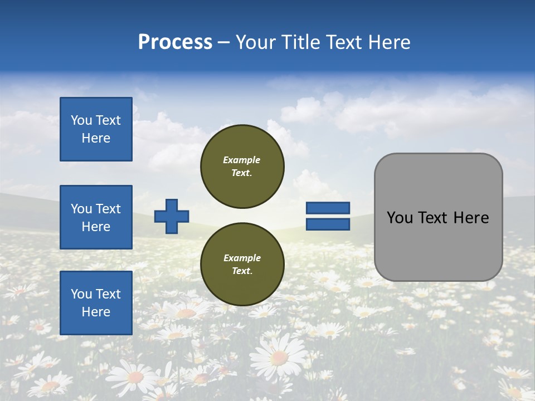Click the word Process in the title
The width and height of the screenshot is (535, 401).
[x=175, y=42]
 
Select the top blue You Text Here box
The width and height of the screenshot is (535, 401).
[x=96, y=129]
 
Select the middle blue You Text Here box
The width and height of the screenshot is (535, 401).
[x=96, y=217]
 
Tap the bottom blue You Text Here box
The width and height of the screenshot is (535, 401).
[x=96, y=302]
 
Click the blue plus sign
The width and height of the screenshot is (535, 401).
[x=172, y=216]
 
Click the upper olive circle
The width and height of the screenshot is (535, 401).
[x=242, y=167]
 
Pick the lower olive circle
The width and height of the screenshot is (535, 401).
[x=242, y=265]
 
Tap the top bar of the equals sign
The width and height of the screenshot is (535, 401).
[x=328, y=208]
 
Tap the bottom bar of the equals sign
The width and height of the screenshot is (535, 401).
[x=328, y=224]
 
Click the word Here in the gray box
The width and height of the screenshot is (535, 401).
[x=471, y=218]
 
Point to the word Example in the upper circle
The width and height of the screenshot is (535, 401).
[x=242, y=160]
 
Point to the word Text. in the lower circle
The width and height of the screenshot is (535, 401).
[x=242, y=271]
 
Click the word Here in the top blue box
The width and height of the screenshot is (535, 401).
[x=96, y=138]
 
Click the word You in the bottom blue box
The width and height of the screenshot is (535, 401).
[x=81, y=294]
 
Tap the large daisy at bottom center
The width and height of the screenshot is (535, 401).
[x=279, y=356]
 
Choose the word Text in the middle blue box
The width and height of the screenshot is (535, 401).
[x=108, y=209]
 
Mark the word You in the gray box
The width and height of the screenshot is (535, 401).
[x=399, y=218]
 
